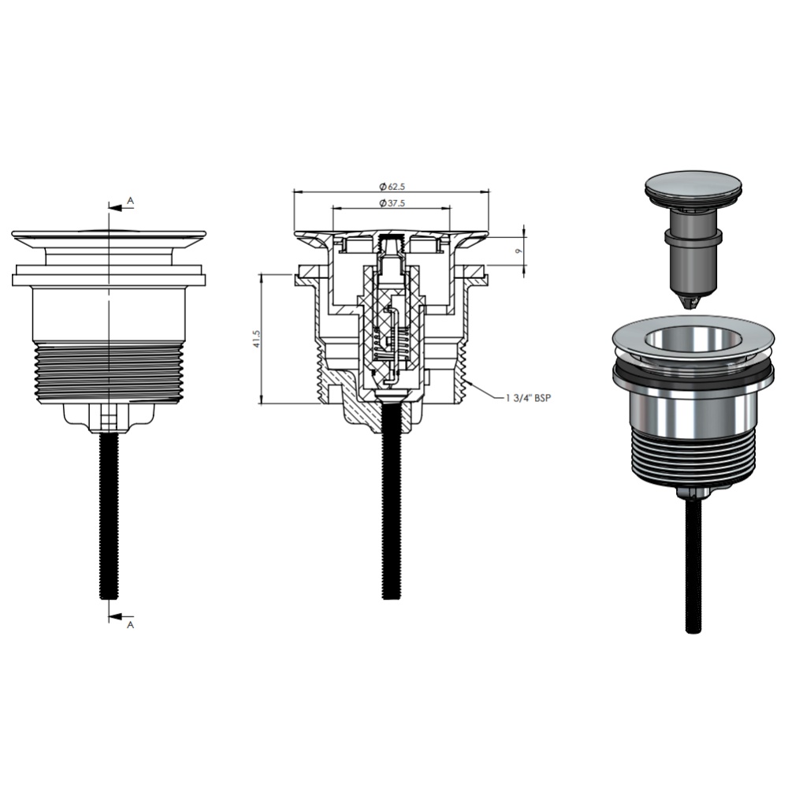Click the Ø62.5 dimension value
tap(392, 187)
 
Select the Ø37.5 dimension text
tap(392, 203)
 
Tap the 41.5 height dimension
tap(258, 339)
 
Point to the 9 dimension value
tap(519, 251)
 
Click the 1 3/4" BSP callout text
tap(529, 398)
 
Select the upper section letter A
tap(130, 200)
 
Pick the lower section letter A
tap(130, 625)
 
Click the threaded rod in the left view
tap(109, 516)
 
